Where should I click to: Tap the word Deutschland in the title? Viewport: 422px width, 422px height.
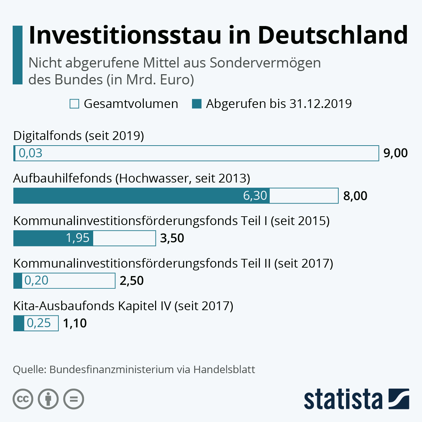click(333, 35)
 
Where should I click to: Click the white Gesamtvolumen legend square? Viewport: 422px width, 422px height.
click(75, 104)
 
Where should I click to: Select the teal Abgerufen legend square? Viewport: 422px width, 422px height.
click(197, 104)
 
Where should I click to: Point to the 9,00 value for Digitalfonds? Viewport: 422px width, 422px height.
click(395, 153)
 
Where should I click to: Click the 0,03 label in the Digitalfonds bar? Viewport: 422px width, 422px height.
click(31, 153)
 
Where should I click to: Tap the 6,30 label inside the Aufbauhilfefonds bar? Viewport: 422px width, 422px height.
click(255, 196)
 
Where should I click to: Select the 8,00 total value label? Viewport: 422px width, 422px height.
click(355, 196)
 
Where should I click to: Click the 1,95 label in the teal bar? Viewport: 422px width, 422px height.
click(78, 238)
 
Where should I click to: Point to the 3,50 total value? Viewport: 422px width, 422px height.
click(172, 238)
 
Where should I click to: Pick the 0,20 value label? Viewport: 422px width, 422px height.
click(36, 281)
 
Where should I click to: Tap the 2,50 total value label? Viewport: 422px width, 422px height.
click(132, 281)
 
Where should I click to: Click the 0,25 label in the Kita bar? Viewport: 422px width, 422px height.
click(39, 323)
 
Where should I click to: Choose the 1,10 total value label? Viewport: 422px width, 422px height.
click(75, 324)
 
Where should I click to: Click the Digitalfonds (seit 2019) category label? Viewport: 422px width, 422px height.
click(78, 136)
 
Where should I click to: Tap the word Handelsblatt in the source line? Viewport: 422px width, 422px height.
click(224, 370)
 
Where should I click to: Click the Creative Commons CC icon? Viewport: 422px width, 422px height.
click(23, 399)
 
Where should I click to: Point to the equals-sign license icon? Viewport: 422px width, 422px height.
click(74, 399)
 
